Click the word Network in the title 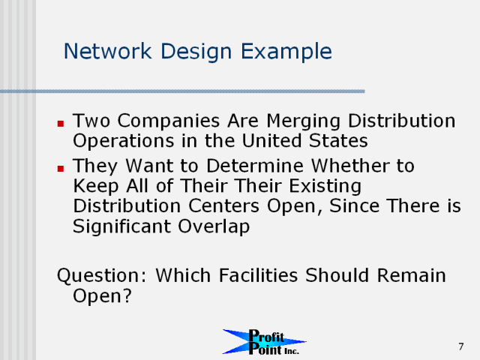[107, 51]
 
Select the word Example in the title [286, 52]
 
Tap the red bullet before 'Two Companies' [61, 123]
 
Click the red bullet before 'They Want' [61, 168]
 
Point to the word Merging [303, 121]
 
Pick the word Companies [169, 121]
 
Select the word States [338, 140]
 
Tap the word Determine [255, 166]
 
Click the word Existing [325, 187]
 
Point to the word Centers [223, 205]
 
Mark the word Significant [121, 227]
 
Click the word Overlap [214, 227]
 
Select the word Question [102, 276]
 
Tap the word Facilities [258, 275]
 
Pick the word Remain [412, 275]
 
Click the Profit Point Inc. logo [265, 342]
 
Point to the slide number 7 [461, 346]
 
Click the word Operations [124, 142]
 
